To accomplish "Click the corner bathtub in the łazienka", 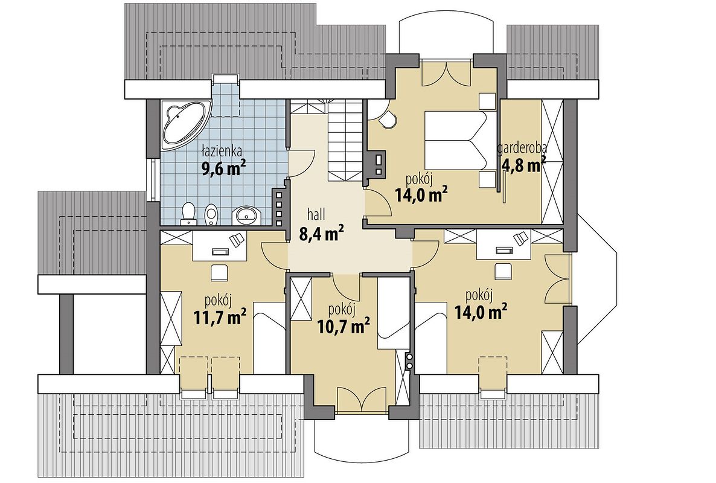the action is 183,124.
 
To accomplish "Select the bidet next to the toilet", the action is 211,214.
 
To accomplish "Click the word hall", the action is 315,214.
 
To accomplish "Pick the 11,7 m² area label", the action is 220,316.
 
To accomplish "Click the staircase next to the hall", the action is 346,141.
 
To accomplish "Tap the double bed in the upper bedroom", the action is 456,139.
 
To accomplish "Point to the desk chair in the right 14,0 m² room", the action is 504,270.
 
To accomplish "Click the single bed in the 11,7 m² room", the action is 269,338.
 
